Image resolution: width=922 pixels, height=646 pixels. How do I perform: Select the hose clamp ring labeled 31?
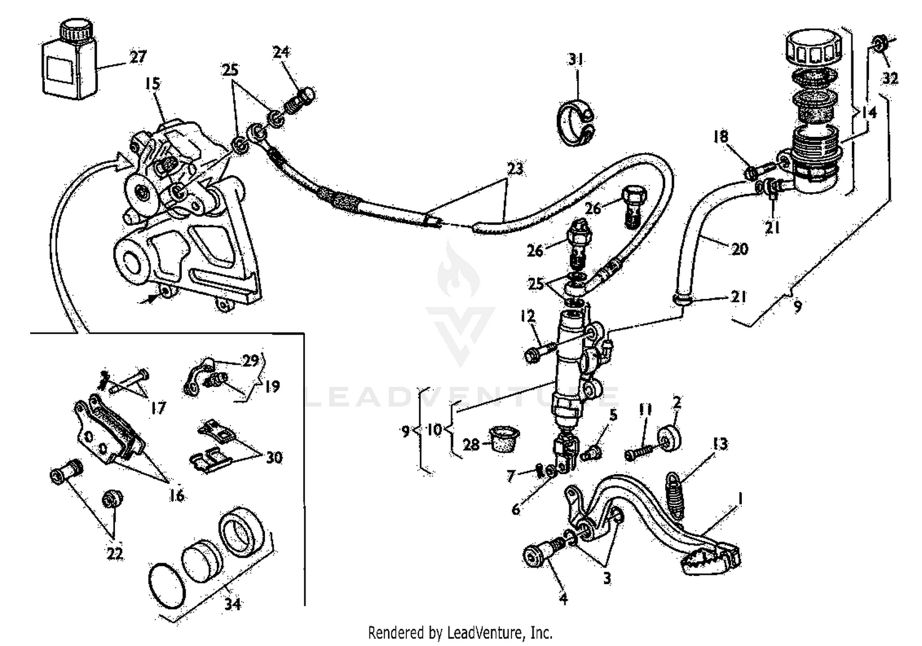[x=576, y=122]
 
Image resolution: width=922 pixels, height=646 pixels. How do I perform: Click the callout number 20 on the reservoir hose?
[x=739, y=248]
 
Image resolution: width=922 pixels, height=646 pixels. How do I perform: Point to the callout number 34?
[x=231, y=604]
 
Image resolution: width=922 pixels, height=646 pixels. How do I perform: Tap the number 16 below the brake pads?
[x=176, y=495]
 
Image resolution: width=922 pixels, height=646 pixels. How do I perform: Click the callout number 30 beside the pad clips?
[x=274, y=457]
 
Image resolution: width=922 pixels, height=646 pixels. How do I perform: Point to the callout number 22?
[x=114, y=553]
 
